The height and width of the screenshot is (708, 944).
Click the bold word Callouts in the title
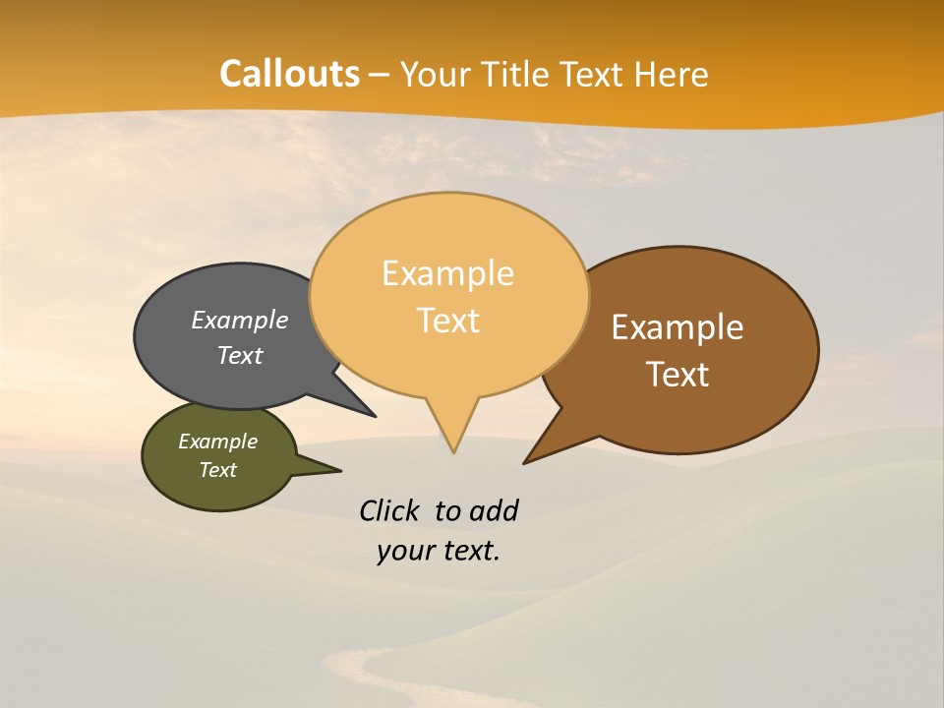pos(289,74)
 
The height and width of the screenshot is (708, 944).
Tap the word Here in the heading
pos(673,75)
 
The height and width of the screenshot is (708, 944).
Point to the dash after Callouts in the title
pos(380,76)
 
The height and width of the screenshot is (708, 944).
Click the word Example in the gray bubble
pos(239,321)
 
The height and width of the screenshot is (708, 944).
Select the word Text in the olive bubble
pos(218,470)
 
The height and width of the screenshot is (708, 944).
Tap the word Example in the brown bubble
pos(678,327)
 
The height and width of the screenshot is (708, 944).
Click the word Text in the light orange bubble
pos(448,321)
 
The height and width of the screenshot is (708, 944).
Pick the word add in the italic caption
pos(494,511)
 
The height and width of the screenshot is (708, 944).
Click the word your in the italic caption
pos(403,552)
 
